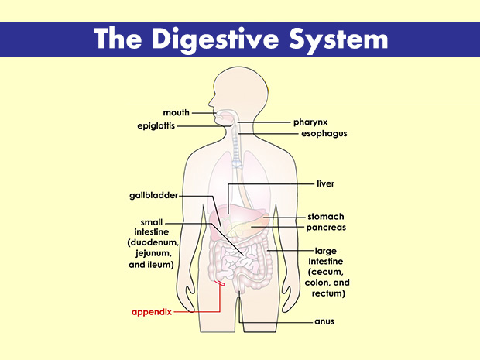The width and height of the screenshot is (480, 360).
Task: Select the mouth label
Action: (177, 113)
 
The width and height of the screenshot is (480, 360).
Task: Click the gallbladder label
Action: (154, 195)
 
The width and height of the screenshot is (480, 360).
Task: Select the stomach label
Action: (325, 216)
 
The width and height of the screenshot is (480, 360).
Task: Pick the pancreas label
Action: (326, 228)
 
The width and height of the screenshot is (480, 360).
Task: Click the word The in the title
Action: (120, 38)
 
